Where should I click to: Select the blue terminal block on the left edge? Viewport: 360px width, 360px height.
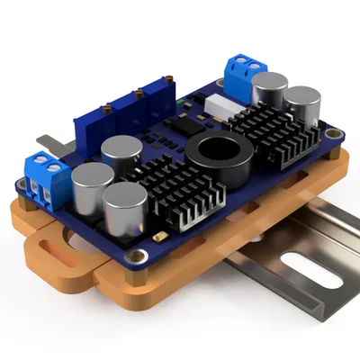tap(44, 177)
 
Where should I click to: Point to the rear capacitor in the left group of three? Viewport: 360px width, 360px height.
tap(121, 155)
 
